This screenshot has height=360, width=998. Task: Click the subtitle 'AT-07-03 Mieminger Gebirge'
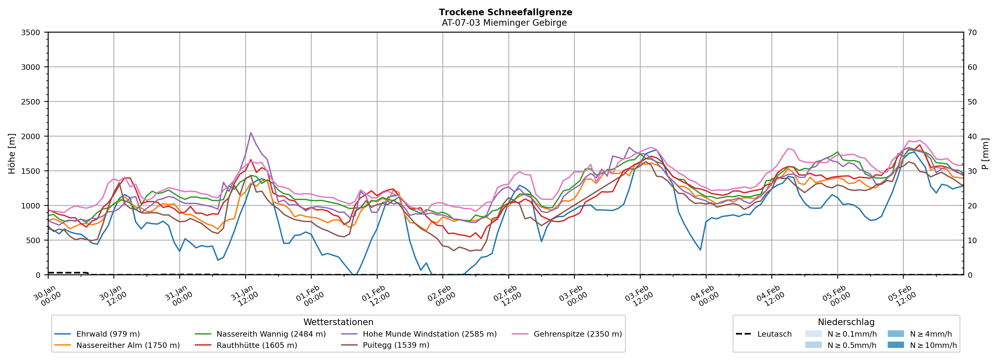pos(504,23)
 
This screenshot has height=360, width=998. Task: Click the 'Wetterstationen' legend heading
pos(338,322)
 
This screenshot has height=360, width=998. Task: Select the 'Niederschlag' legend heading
pos(846,322)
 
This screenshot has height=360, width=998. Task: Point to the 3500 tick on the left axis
pos(31,33)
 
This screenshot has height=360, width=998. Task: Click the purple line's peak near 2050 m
pos(251,133)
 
